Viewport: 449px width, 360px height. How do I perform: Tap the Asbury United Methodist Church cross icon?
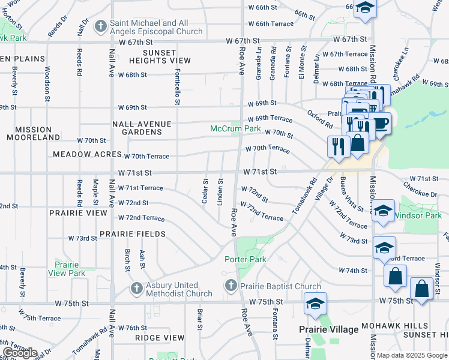(137, 289)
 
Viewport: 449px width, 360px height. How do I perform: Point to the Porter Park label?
(245, 259)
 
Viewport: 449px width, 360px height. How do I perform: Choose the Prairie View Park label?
(70, 268)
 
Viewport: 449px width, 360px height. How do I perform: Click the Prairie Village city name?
(329, 329)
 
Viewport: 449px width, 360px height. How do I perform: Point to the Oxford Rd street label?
(321, 119)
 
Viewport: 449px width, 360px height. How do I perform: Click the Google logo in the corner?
(19, 353)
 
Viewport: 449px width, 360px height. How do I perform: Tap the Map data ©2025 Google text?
(411, 355)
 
